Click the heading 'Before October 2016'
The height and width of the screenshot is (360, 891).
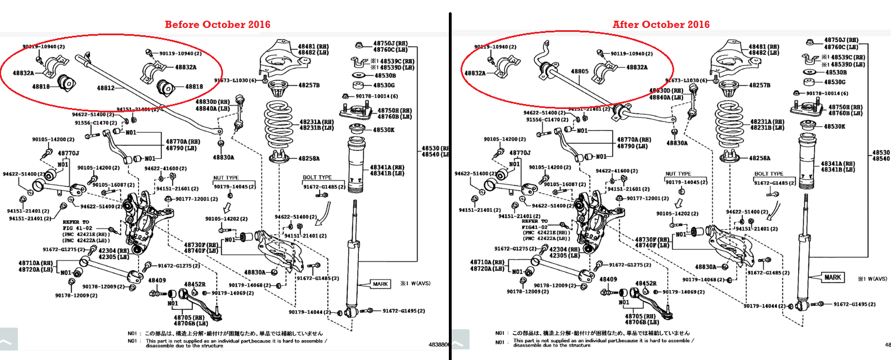pos(217,25)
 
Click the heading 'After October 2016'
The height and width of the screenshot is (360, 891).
pos(661,25)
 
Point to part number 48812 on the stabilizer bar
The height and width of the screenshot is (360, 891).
pos(105,88)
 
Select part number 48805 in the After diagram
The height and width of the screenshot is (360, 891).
pos(580,72)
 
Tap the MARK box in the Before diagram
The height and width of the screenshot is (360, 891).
pos(380,284)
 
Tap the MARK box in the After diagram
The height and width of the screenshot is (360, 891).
pos(832,277)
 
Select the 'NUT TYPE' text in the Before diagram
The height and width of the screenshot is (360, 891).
pos(226,178)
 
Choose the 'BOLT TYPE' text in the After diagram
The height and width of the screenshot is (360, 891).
pos(769,174)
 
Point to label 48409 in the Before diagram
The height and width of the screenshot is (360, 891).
pos(157,280)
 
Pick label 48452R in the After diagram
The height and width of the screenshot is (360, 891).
pos(646,283)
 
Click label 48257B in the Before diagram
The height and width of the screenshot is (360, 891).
pos(309,86)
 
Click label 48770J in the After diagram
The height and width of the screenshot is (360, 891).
pos(520,153)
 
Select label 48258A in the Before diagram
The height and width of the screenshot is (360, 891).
pos(309,158)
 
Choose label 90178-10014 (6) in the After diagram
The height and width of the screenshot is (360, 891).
pos(827,93)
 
